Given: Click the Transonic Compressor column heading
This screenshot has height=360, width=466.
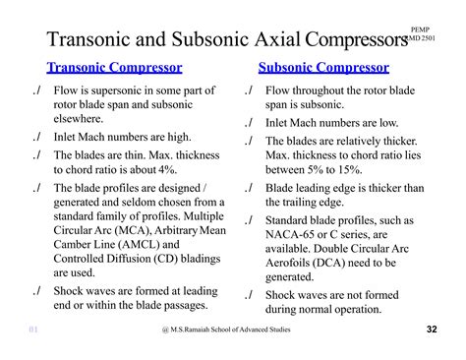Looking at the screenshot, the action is click(x=114, y=68).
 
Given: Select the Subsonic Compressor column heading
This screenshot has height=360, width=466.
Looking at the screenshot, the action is click(x=323, y=68).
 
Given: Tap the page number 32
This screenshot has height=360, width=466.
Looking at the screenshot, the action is click(x=434, y=329).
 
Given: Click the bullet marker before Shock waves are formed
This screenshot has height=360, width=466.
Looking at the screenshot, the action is click(x=36, y=292).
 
